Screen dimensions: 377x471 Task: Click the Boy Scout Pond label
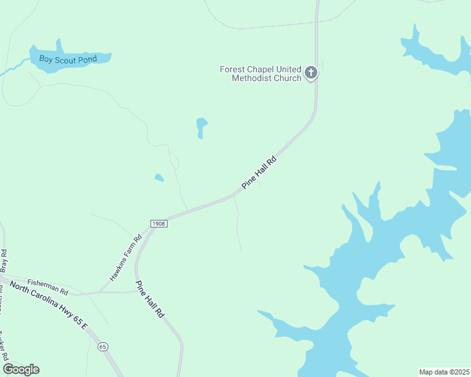(68, 60)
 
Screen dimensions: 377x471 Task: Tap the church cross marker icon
(310, 74)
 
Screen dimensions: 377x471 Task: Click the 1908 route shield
(159, 224)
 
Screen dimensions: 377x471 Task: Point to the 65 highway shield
(103, 346)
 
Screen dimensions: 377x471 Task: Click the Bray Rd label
(4, 259)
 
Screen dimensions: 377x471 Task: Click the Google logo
(21, 369)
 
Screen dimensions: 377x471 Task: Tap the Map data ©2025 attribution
(444, 372)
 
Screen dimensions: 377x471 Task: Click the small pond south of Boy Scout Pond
(201, 126)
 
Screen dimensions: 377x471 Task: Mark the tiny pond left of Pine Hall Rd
(159, 178)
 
